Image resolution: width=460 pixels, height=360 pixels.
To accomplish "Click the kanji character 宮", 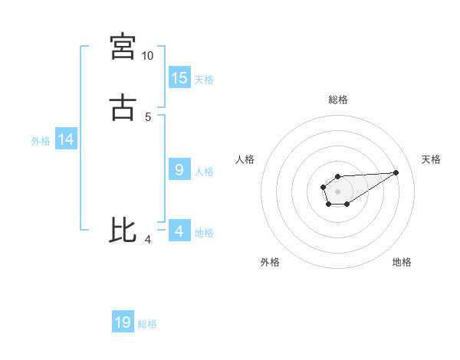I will [123, 47].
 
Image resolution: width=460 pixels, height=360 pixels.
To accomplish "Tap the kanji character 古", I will [123, 107].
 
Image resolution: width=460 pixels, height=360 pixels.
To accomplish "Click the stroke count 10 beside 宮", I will [148, 56].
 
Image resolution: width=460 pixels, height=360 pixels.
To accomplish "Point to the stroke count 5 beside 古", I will [148, 116].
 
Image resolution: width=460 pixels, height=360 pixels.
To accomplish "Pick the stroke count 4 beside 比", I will [148, 241].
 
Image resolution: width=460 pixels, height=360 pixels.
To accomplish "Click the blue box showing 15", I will [179, 77].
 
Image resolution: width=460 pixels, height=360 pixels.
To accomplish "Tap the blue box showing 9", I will [179, 170].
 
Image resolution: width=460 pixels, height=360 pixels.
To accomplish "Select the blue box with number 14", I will [66, 139].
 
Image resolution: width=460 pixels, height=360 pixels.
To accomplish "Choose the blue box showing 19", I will [123, 322].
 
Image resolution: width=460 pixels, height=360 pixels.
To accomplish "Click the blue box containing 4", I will [179, 231].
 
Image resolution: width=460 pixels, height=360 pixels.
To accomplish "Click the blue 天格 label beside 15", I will [204, 79].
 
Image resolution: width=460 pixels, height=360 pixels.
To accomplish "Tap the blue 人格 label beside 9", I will [204, 172].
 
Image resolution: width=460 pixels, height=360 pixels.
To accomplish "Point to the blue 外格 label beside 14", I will [41, 141].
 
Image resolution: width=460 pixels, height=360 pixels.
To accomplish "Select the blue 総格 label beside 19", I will [147, 324].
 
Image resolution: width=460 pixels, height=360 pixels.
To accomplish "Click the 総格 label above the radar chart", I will [337, 100].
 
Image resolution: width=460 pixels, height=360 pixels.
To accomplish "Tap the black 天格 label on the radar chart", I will [432, 159].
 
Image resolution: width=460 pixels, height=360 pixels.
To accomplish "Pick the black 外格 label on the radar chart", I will [270, 262].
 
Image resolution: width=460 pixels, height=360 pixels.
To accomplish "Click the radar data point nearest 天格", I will [396, 172].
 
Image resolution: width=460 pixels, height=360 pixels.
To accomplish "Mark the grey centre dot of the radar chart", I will [337, 191].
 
